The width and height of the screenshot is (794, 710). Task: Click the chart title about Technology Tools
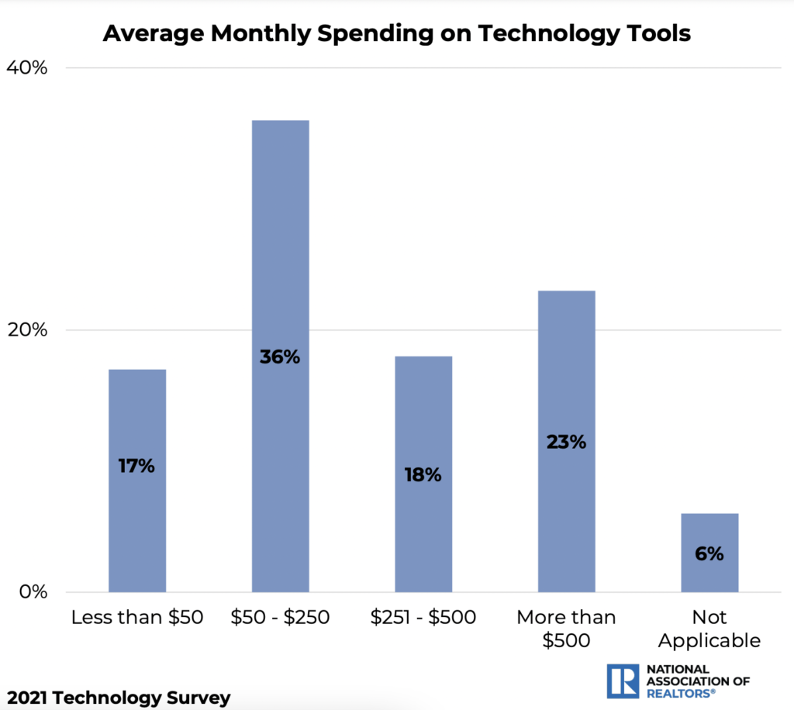pos(396,34)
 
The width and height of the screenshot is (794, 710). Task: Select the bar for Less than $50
pos(137,481)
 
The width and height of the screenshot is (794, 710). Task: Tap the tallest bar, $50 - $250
pos(280,356)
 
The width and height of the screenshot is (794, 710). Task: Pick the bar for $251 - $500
pos(423,474)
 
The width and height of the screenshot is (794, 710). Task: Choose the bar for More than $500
pos(566,441)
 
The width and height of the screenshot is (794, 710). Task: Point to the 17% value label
pos(137,466)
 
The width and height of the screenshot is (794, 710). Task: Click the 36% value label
pos(280,357)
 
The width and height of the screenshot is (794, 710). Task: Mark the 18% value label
pos(423,475)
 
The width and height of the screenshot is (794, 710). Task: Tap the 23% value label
pos(566,443)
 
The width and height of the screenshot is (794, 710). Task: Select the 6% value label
pos(709,554)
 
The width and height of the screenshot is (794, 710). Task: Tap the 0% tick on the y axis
pos(33,592)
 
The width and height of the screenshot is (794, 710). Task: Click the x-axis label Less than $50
pos(137,618)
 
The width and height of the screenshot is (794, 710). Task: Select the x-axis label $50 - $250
pos(280,618)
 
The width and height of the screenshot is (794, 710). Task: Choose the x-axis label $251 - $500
pos(423,618)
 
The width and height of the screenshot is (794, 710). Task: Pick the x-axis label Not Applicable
pos(709,629)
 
